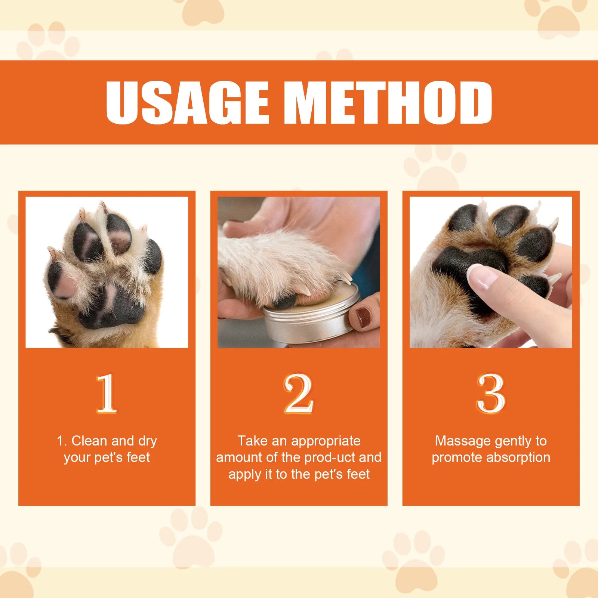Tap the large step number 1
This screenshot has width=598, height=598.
point(107,394)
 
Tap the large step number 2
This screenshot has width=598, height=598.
point(298,394)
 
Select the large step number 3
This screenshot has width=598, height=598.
point(491,394)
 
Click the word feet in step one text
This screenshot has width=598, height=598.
point(138,457)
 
